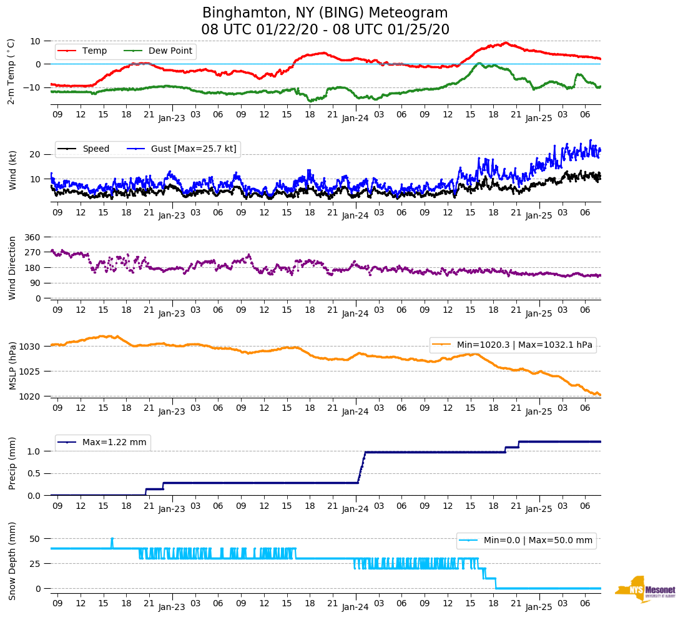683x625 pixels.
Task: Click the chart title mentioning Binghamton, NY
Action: point(325,21)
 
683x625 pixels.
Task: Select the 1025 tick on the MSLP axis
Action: point(31,372)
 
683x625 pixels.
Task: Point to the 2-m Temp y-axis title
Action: point(11,71)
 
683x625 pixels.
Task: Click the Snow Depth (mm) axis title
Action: point(12,561)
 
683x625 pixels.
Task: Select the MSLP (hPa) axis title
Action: point(12,366)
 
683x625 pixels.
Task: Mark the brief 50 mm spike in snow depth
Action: point(112,539)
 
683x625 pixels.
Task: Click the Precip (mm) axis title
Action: point(12,464)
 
